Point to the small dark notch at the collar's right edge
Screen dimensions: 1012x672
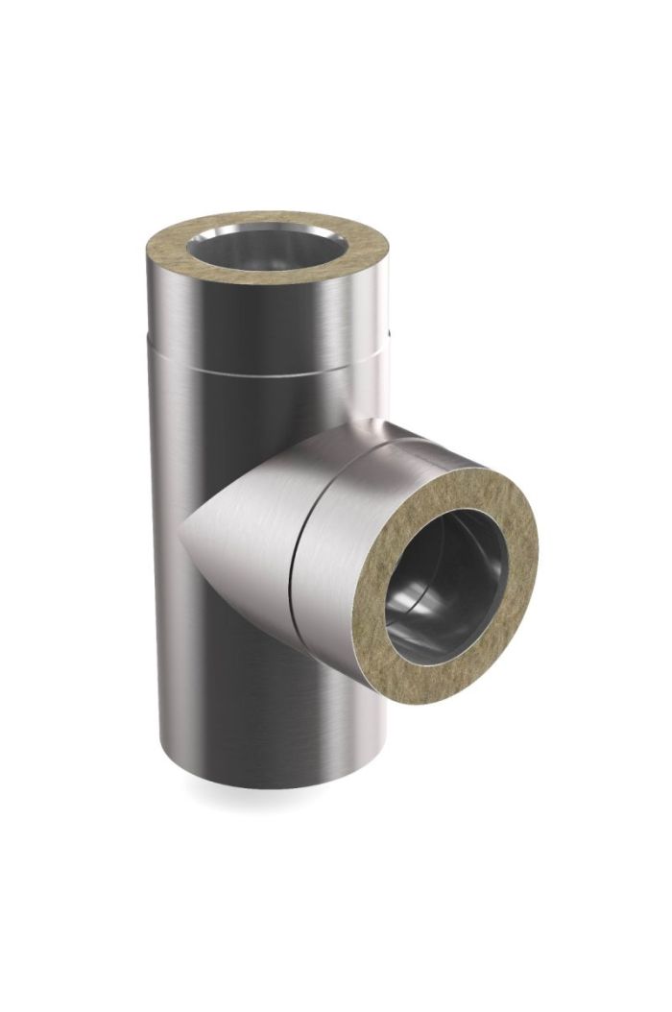(388, 335)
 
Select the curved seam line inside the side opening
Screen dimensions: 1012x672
(413, 614)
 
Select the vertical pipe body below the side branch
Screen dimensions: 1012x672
(259, 701)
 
